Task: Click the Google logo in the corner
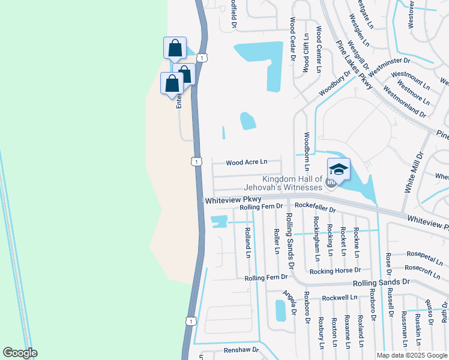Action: [x=20, y=353]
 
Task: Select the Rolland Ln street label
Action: [x=247, y=242]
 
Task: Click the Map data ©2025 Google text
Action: [x=411, y=355]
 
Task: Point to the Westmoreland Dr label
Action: [x=405, y=103]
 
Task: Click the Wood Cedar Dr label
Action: [x=292, y=40]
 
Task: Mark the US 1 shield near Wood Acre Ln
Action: [x=196, y=161]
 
